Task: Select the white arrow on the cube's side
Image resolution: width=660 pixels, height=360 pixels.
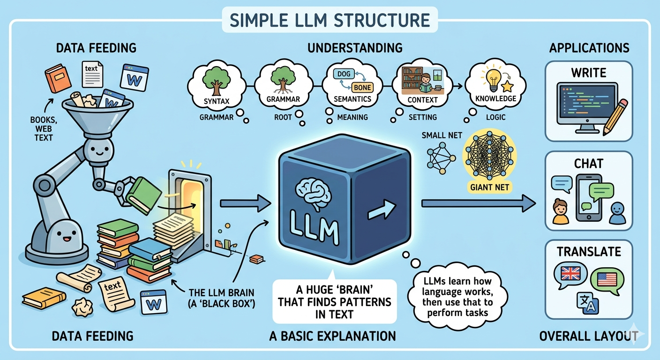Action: [x=380, y=212]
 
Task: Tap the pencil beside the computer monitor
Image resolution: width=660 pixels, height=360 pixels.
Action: [x=615, y=116]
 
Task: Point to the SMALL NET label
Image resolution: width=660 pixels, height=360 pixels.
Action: [x=442, y=135]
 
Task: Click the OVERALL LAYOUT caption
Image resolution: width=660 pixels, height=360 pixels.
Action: [x=588, y=336]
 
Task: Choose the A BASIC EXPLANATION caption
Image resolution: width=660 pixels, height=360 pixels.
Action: [x=332, y=336]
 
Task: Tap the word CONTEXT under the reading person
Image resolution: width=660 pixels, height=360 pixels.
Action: [x=423, y=99]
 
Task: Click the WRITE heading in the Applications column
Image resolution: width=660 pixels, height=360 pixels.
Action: [x=588, y=73]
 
